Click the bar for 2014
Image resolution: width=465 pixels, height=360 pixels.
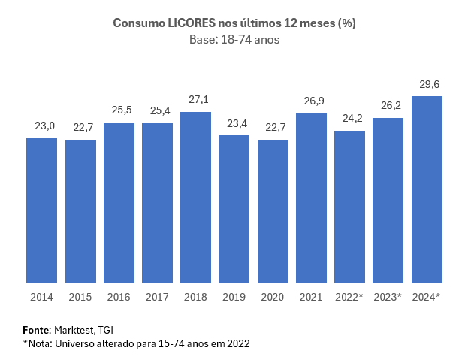pos(41,210)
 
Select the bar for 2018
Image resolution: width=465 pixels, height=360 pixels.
pos(195,198)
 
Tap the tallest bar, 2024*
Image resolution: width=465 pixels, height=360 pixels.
pos(427,189)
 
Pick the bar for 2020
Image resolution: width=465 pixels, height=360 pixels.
pos(273,211)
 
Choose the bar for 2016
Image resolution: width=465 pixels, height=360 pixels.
pos(119,203)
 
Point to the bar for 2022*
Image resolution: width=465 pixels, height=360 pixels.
pos(349,207)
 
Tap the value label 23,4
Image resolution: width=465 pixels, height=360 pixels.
pos(234,123)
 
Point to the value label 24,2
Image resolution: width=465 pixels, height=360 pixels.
pos(349,119)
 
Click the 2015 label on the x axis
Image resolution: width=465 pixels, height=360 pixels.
pos(80,297)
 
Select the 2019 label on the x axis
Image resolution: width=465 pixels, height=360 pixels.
pos(234,297)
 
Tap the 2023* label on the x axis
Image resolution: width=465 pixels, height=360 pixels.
pos(388,297)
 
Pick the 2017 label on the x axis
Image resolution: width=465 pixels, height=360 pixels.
pos(157,297)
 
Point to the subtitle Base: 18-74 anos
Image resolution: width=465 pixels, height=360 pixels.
pos(234,40)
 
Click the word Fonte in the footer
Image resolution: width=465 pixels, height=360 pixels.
pos(36,330)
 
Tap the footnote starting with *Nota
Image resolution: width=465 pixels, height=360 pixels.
pos(136,343)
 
